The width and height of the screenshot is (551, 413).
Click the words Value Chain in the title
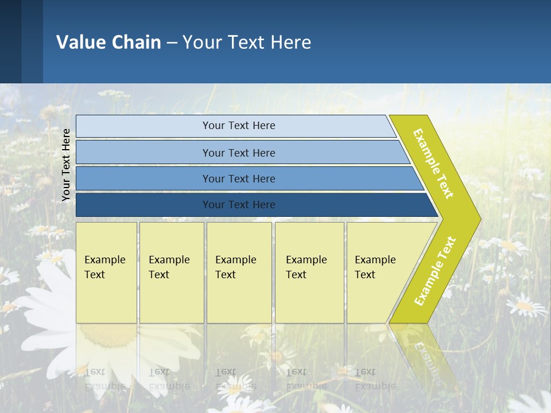coord(108,42)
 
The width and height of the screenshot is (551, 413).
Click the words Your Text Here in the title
coord(247,42)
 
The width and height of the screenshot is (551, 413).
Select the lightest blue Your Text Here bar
coord(238,126)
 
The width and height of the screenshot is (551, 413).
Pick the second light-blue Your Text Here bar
coord(238,153)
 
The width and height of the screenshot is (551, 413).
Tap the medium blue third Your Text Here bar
coord(238,178)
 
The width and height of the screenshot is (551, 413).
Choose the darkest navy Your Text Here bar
coord(238,205)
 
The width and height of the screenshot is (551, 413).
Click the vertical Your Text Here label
coord(66,165)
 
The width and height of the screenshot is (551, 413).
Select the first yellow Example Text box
coord(106,272)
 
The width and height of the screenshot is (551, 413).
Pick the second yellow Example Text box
coord(171,272)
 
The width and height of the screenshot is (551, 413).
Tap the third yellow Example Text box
coord(238,272)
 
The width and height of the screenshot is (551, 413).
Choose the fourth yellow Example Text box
coord(309,272)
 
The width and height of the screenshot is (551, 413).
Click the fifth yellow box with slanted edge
coord(379,272)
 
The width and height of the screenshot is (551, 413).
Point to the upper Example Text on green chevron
coord(433,163)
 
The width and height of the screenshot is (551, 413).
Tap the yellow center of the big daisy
coord(106,336)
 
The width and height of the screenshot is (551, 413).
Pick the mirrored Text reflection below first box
coord(95,372)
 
